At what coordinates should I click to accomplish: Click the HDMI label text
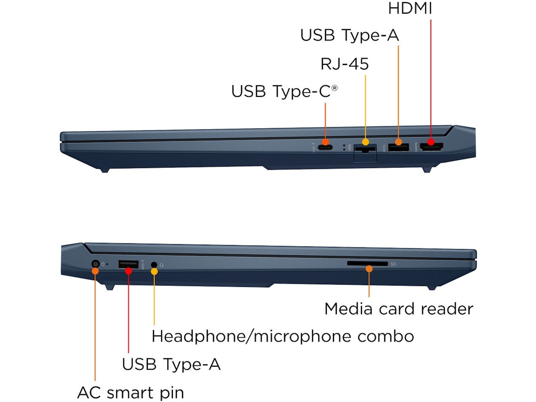410,8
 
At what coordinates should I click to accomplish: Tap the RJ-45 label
345,64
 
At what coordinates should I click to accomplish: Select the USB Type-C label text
285,91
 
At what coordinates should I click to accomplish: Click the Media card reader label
398,309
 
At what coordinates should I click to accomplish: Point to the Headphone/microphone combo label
283,336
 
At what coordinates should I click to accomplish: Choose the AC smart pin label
130,393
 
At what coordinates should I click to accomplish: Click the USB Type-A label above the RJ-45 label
349,35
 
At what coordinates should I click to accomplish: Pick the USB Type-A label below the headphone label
172,364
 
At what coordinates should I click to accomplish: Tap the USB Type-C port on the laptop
325,147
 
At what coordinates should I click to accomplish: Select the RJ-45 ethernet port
365,152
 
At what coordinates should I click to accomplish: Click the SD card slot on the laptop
367,264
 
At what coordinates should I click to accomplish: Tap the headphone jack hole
154,264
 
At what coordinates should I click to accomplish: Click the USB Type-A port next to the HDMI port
398,147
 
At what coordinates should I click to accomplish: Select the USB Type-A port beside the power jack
128,264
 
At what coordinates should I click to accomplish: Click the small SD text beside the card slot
393,264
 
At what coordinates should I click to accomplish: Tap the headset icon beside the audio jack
161,264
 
